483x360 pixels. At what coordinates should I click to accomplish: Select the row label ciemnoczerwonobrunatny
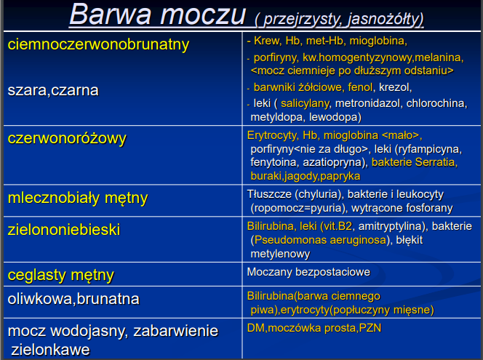coord(98,44)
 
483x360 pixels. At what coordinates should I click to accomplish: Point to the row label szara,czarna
coord(53,90)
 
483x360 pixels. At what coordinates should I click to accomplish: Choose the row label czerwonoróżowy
coord(67,137)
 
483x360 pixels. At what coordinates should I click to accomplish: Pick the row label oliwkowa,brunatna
coord(73,299)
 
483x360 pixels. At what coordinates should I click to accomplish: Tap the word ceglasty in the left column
coord(35,276)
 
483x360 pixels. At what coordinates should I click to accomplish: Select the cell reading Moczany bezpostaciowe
coord(308,272)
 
